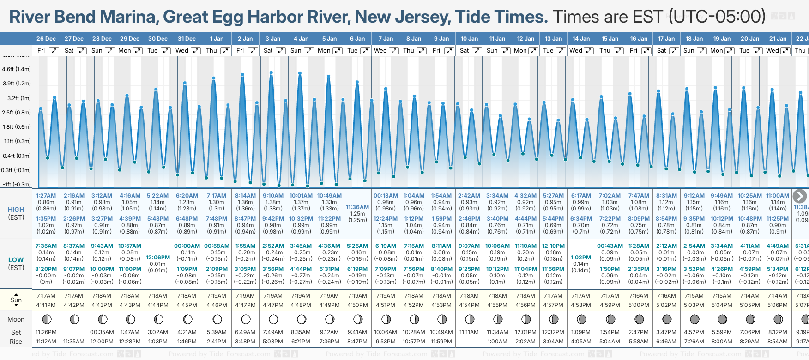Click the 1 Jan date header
click(217, 39)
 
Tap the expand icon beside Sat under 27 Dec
click(81, 51)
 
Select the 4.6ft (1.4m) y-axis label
click(16, 69)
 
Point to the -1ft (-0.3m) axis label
click(17, 184)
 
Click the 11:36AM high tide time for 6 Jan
click(357, 207)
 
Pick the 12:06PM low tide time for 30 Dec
click(157, 258)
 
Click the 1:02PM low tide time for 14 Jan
click(581, 258)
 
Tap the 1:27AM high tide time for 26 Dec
click(46, 196)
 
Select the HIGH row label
click(16, 210)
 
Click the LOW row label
click(16, 260)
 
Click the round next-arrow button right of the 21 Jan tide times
click(800, 196)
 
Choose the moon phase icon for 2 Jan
click(246, 319)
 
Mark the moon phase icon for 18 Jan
click(694, 319)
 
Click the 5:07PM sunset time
click(802, 305)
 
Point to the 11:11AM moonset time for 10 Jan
click(469, 332)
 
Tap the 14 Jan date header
click(581, 39)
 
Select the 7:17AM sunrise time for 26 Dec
click(46, 296)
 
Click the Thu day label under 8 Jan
click(409, 51)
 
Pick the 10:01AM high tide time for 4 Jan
click(301, 196)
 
